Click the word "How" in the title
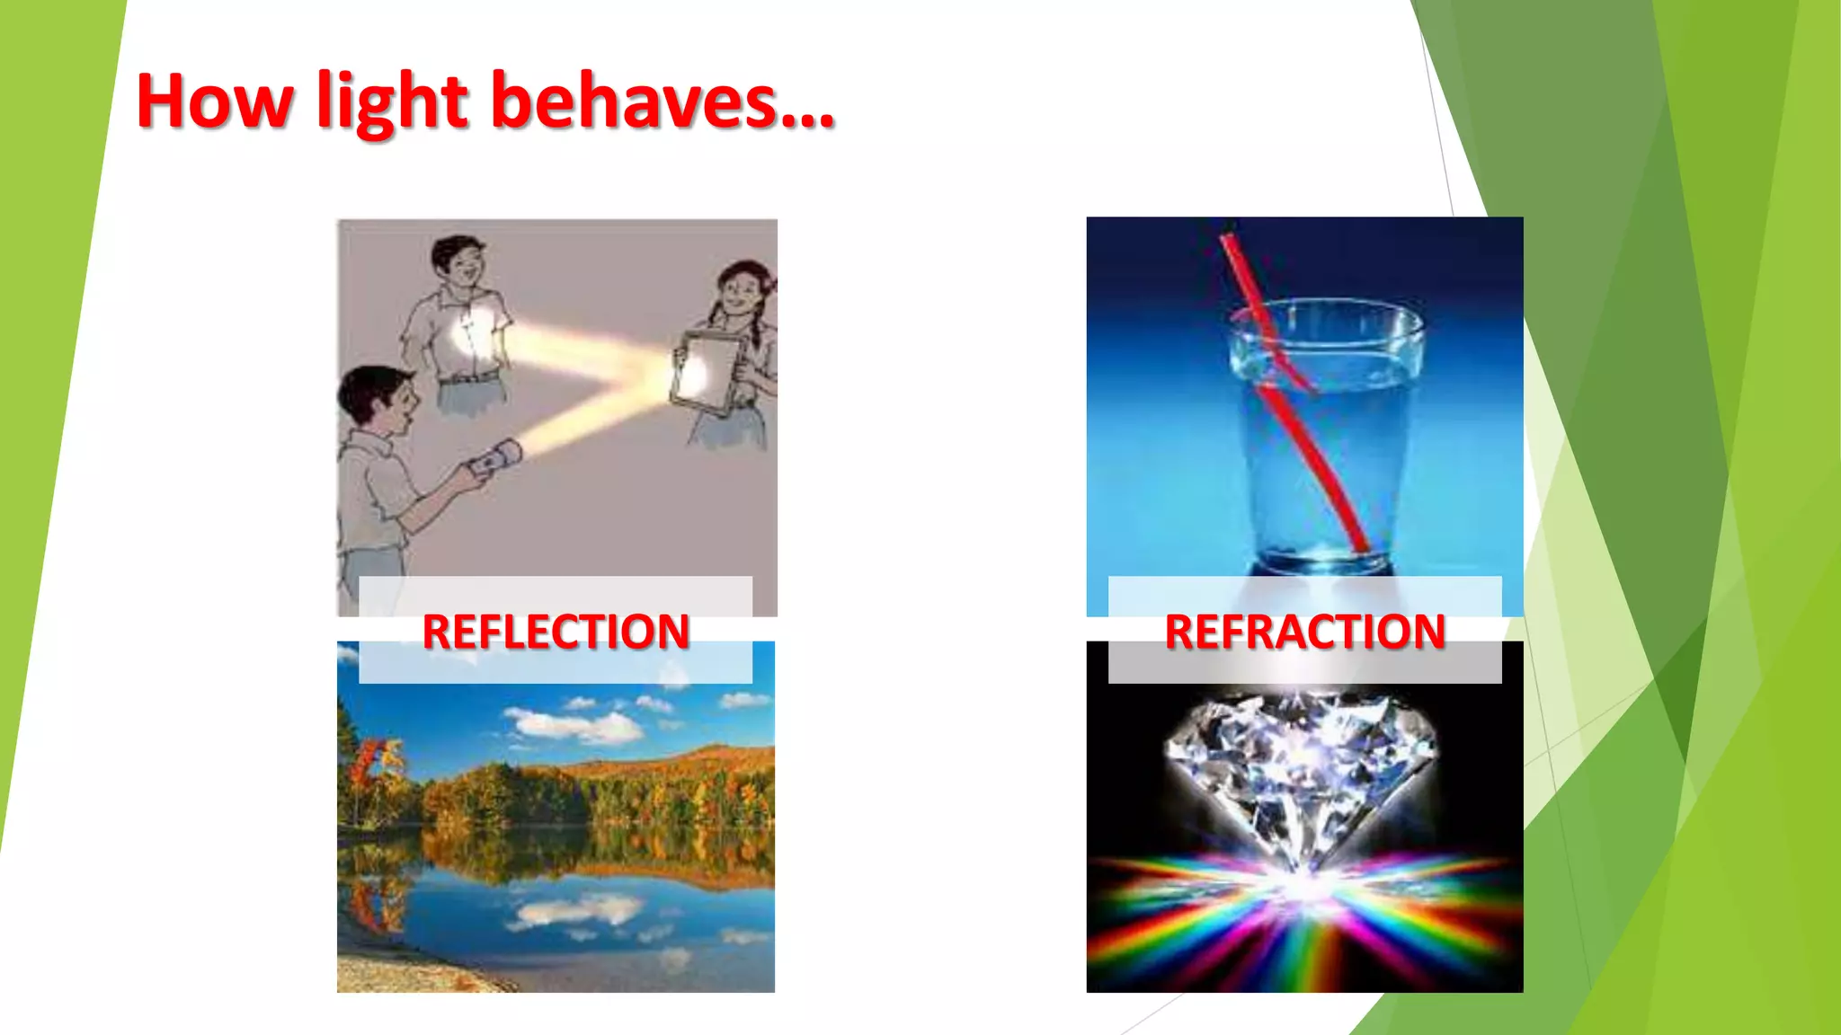click(x=214, y=102)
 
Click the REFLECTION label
click(x=556, y=631)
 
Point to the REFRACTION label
click(x=1304, y=631)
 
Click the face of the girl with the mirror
click(x=742, y=291)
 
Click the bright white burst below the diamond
click(x=1303, y=885)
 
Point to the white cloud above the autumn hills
click(x=575, y=723)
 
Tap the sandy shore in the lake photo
click(x=405, y=975)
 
